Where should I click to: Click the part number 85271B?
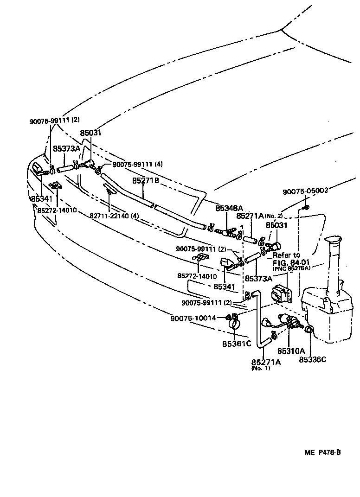[146, 181]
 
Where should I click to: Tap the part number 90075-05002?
[305, 190]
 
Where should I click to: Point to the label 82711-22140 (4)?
[115, 216]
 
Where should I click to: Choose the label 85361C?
[236, 344]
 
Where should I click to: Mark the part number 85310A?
[291, 351]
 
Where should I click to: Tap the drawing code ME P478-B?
[323, 452]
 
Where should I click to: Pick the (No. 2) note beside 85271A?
[274, 216]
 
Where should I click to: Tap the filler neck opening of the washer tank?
[334, 240]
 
